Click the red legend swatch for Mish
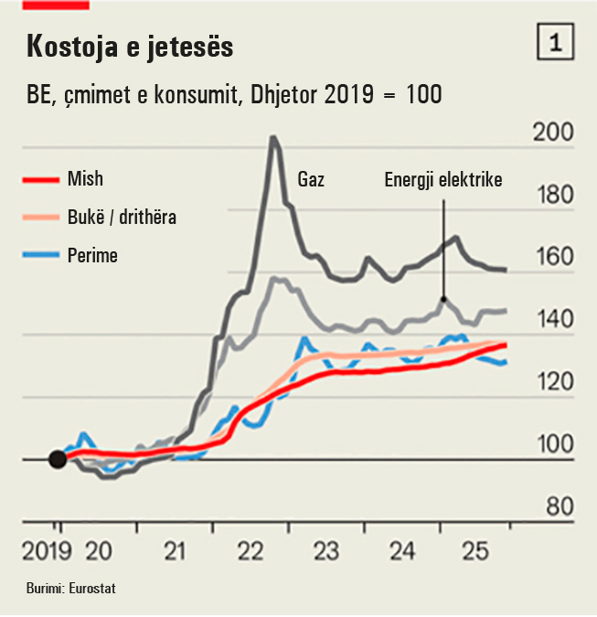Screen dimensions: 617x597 pos(40,180)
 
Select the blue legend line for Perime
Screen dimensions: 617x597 pos(40,255)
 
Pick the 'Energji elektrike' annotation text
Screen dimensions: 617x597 pos(443,180)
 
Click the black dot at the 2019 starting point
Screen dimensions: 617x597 pos(57,459)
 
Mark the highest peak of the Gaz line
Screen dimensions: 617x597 pos(272,139)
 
